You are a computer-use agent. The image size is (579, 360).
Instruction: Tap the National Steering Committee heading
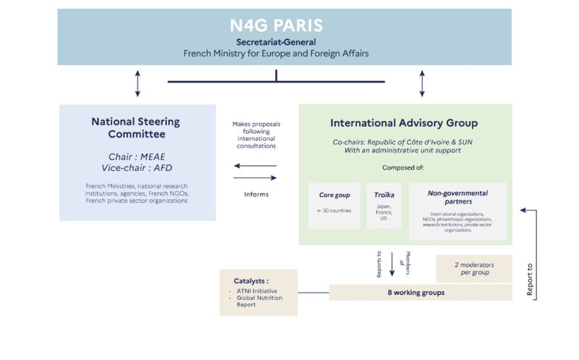tap(135, 127)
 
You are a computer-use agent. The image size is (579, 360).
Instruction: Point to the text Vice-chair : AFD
tap(135, 168)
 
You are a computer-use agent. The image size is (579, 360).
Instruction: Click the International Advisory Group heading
tap(404, 123)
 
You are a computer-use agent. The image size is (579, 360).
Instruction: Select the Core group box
tap(334, 206)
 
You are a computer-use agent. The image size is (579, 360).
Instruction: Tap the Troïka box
tap(384, 206)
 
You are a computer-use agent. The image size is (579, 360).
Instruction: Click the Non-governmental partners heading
tap(457, 198)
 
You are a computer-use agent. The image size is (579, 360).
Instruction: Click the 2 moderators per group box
tap(473, 268)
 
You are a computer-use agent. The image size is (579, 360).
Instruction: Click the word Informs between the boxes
tap(255, 194)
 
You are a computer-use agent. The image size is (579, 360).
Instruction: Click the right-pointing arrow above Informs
tap(255, 177)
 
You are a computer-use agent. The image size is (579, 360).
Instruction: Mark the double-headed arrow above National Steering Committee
tap(138, 83)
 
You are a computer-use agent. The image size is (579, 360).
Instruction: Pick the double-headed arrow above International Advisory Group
tap(422, 83)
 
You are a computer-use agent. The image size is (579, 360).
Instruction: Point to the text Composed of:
tap(404, 167)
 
